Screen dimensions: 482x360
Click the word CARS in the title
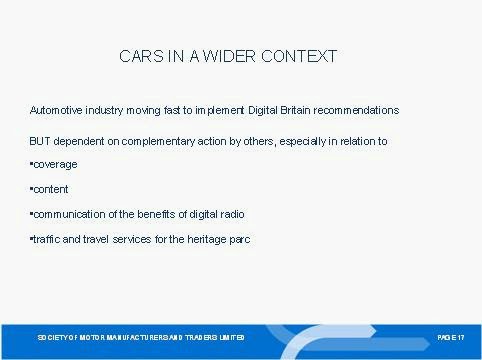pyautogui.click(x=141, y=56)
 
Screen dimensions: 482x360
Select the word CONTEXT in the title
pyautogui.click(x=299, y=56)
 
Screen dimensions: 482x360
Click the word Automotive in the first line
pyautogui.click(x=56, y=110)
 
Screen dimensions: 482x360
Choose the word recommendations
pyautogui.click(x=356, y=110)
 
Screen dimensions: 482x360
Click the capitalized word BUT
pyautogui.click(x=40, y=141)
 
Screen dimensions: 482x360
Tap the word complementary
pyautogui.click(x=158, y=142)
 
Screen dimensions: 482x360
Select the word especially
pyautogui.click(x=303, y=142)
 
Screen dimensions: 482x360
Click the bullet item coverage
pyautogui.click(x=55, y=165)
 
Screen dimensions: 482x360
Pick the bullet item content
pyautogui.click(x=51, y=189)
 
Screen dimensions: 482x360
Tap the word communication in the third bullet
pyautogui.click(x=69, y=214)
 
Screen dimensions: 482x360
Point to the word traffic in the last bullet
pyautogui.click(x=47, y=239)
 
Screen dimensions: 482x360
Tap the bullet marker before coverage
pyautogui.click(x=31, y=164)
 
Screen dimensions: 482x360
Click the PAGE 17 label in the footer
pyautogui.click(x=451, y=338)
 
